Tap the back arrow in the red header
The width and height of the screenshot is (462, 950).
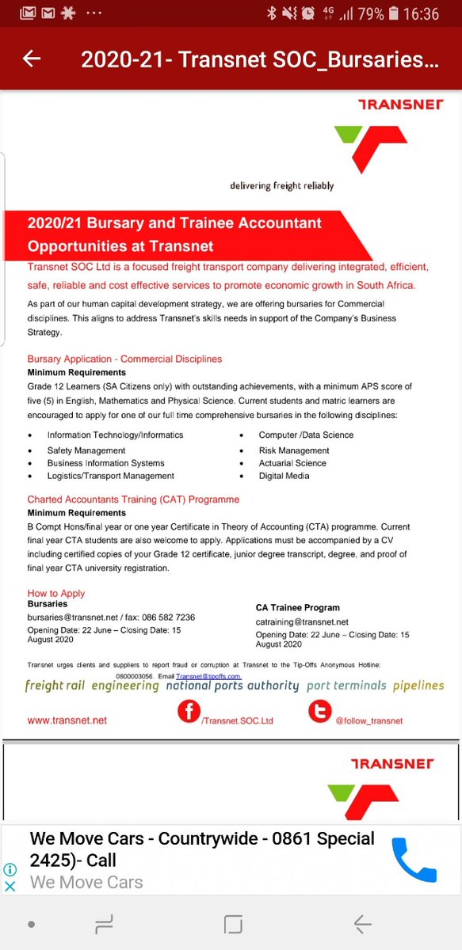point(32,59)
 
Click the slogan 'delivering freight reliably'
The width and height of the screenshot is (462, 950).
point(282,186)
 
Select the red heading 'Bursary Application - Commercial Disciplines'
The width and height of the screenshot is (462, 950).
point(125,359)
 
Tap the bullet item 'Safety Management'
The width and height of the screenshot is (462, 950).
point(86,450)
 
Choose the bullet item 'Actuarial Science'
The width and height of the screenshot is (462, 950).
point(292,463)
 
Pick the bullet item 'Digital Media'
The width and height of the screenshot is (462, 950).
point(284,476)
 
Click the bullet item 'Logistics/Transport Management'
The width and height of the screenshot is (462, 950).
point(111,476)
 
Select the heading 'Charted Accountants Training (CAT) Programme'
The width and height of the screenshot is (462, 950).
point(133,500)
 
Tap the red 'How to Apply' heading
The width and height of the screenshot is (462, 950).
point(56,593)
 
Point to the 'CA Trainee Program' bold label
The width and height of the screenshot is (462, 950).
point(297,608)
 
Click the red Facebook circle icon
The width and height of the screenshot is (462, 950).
point(189,712)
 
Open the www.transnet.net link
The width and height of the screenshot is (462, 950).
point(67,720)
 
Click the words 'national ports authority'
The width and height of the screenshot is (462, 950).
point(232,686)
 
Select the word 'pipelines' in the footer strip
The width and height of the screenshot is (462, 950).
point(418,686)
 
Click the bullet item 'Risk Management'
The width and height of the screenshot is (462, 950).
point(294,450)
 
